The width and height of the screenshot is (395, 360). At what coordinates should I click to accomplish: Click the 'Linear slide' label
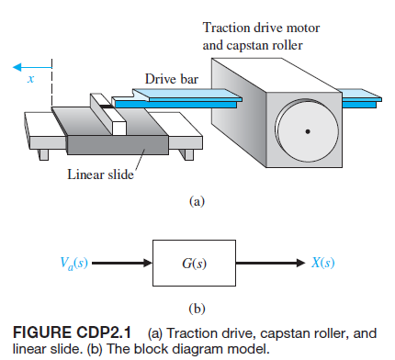(98, 175)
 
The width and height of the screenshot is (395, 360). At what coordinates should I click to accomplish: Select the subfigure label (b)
(196, 308)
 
